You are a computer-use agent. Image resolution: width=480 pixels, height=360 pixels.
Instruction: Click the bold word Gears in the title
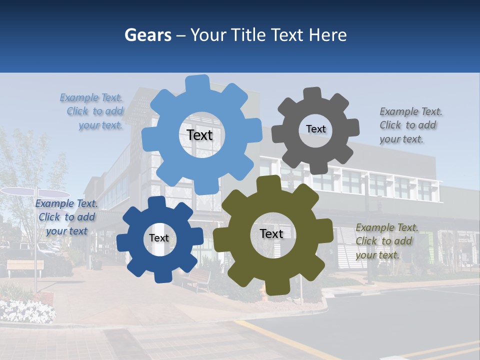pos(148,35)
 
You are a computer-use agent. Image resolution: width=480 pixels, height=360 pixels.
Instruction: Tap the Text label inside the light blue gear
pos(199,135)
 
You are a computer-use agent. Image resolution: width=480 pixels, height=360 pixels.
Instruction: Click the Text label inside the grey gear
pos(315,129)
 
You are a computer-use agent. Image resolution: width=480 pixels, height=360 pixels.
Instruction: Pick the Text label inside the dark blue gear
pos(159,238)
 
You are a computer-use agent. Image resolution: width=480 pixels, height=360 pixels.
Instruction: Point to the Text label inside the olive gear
pos(271,233)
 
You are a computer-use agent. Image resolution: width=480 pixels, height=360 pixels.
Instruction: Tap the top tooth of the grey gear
pos(312,94)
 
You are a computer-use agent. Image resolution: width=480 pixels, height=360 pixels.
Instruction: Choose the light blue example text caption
pos(92,111)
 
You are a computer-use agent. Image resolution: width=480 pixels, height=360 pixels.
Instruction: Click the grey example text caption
pos(410,125)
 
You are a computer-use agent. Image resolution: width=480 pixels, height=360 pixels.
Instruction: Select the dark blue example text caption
pos(66,217)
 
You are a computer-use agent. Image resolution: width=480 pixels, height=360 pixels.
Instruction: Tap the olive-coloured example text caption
pos(386,241)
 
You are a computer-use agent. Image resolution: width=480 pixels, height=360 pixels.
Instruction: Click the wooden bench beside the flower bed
pos(25,266)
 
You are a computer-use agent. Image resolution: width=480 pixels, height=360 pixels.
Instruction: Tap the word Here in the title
pos(327,35)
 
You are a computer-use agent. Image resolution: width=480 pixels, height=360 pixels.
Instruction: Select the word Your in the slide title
pos(208,35)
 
